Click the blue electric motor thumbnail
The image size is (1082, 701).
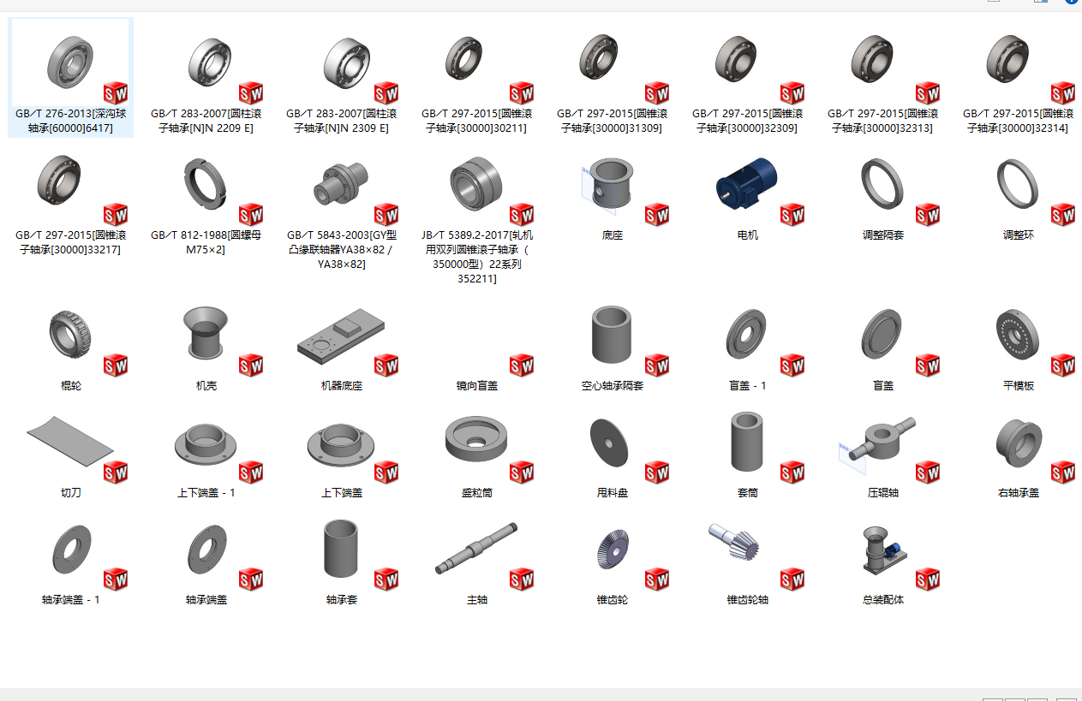(x=747, y=183)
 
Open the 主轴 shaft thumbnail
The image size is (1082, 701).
(x=476, y=548)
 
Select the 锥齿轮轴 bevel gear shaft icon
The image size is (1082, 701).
(x=733, y=542)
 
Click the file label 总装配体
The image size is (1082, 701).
(x=883, y=600)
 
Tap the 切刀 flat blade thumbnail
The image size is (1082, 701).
(x=70, y=442)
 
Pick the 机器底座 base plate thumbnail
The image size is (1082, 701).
(x=341, y=336)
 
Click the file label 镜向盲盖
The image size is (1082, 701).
(x=477, y=385)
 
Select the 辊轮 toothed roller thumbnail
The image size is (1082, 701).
(x=70, y=335)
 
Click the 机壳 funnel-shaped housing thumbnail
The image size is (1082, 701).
(x=206, y=332)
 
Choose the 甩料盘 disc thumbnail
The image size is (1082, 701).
(x=609, y=443)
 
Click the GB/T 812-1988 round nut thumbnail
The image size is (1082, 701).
(x=206, y=184)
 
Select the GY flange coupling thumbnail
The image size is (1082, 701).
(x=341, y=183)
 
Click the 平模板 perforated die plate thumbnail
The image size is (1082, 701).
(x=1018, y=335)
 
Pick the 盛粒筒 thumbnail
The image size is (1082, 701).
(x=476, y=439)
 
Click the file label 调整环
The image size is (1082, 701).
(x=1019, y=235)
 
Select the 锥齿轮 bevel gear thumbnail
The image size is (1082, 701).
(x=613, y=549)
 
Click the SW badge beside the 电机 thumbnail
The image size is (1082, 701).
(x=792, y=215)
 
